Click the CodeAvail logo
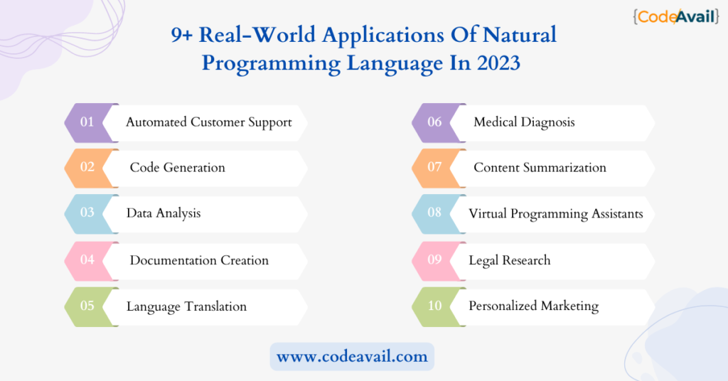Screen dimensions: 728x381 [676, 17]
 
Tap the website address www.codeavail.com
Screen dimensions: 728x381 [352, 356]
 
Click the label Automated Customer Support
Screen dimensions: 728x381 [209, 122]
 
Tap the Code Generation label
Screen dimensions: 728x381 [177, 168]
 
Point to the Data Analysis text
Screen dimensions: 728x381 [164, 213]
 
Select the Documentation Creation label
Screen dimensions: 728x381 [199, 260]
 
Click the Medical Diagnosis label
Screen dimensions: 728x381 [524, 122]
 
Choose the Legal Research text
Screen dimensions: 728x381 [510, 261]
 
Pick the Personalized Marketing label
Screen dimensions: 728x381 [534, 306]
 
